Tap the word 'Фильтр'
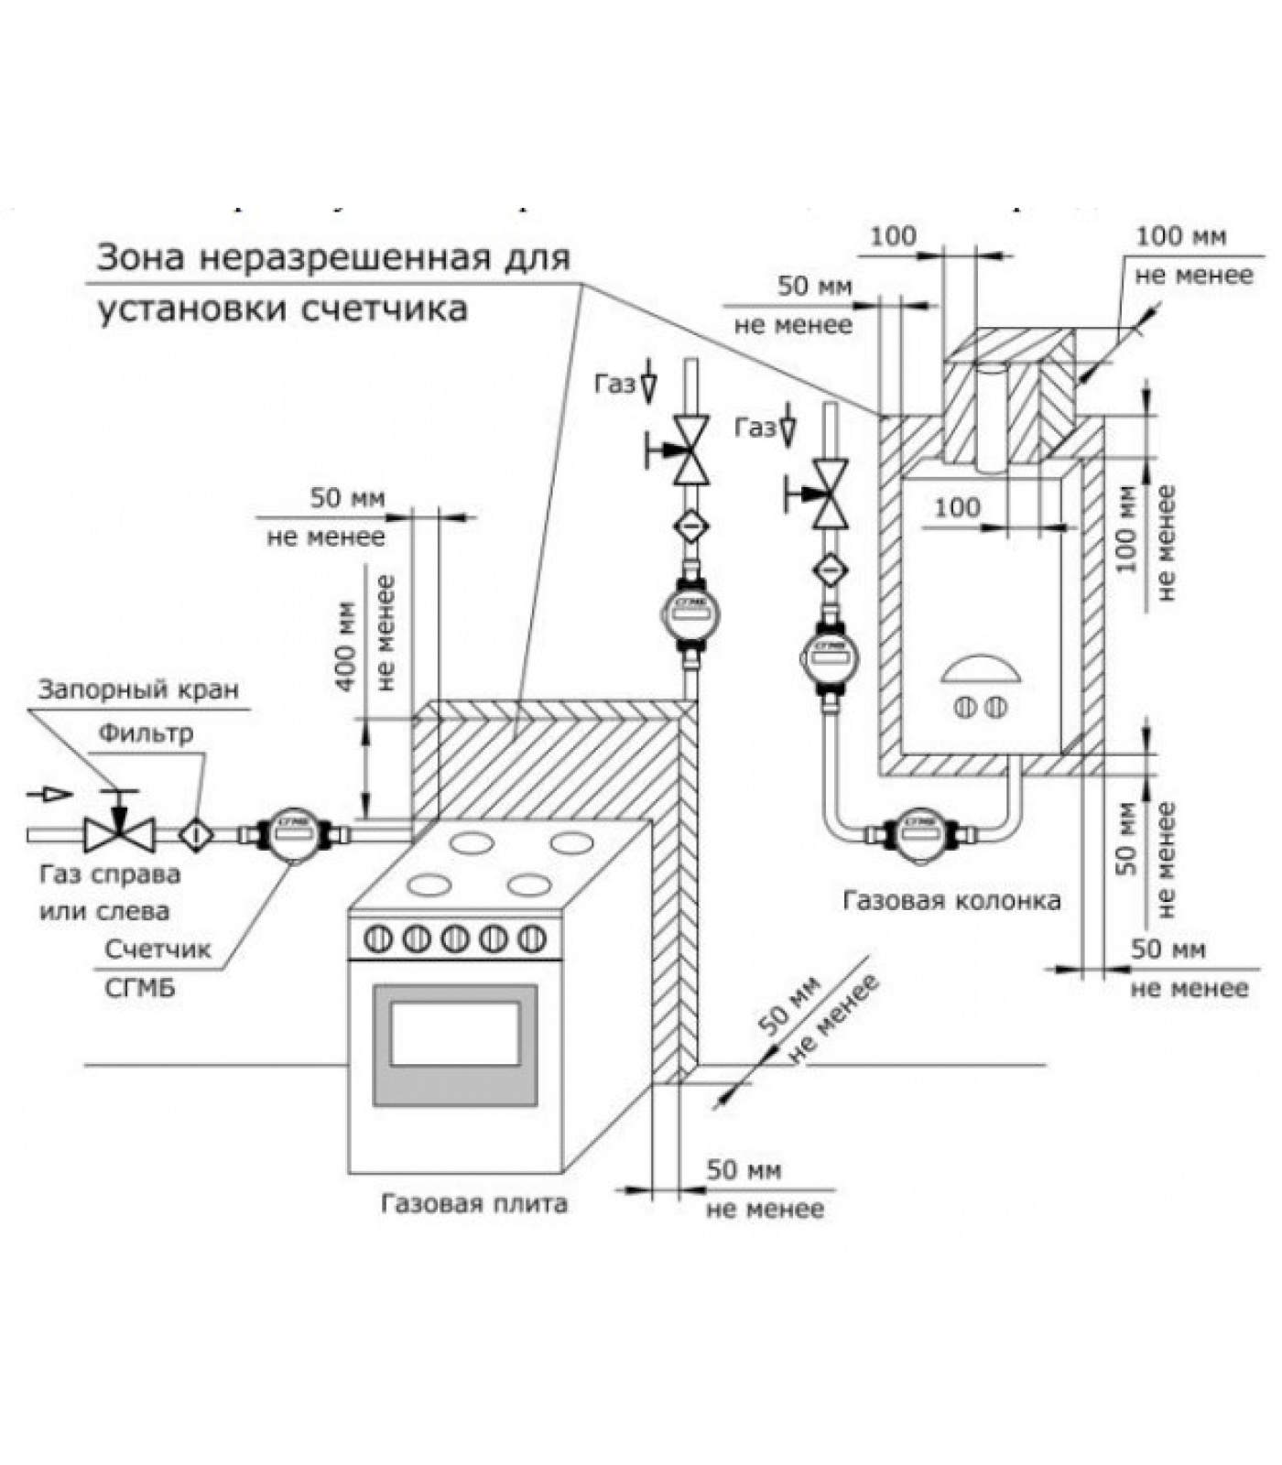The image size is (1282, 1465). pos(147,732)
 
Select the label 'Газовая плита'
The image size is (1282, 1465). pos(473,1202)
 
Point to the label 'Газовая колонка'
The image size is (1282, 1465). pos(951,901)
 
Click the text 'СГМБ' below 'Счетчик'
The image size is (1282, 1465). pos(140,988)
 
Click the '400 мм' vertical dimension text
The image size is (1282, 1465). pos(345,646)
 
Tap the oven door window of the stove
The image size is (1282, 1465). pos(455,1033)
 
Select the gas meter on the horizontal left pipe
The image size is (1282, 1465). pos(290,833)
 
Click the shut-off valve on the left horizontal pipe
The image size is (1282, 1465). pos(118,832)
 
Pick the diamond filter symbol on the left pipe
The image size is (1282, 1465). pos(196,833)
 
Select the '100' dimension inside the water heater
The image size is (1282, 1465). pos(957,506)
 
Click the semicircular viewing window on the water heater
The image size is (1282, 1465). pos(980,670)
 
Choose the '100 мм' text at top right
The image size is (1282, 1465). pos(1180,236)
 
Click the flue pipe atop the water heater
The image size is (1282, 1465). pos(991,417)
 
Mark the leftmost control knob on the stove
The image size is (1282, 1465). pos(377,939)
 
